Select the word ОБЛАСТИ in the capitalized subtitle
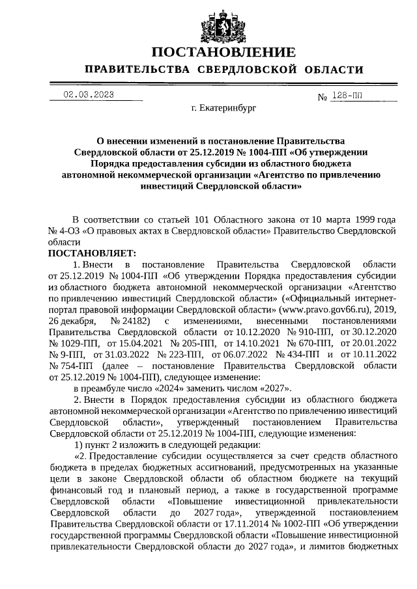coord(331,70)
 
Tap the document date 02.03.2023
coord(89,94)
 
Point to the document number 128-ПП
coord(348,96)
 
